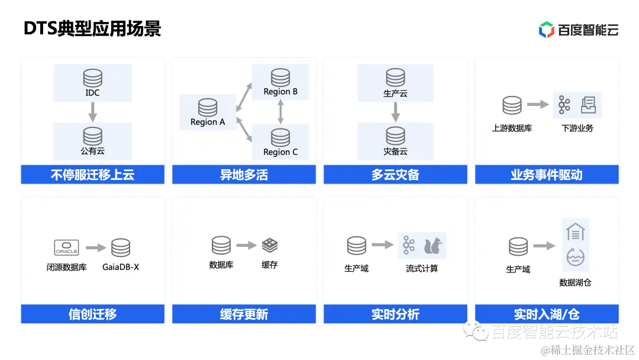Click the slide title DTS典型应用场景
click(x=92, y=29)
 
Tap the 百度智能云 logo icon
click(x=546, y=30)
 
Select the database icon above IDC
click(x=92, y=78)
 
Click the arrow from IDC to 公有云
click(x=92, y=111)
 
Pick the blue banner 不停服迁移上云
click(x=92, y=175)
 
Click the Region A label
click(x=208, y=122)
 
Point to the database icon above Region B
click(x=280, y=78)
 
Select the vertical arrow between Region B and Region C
click(x=280, y=111)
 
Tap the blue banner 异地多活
click(x=244, y=175)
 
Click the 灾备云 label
click(x=395, y=152)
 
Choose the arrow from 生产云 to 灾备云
click(x=395, y=111)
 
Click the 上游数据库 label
click(x=512, y=128)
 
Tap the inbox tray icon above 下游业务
click(x=588, y=105)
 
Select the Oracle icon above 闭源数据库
click(x=66, y=247)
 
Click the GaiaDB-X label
click(x=121, y=267)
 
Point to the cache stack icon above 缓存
click(x=270, y=246)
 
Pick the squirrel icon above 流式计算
click(x=432, y=245)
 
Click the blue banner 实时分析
click(x=395, y=314)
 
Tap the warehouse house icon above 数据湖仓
click(x=575, y=232)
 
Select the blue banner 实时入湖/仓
click(x=547, y=314)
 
